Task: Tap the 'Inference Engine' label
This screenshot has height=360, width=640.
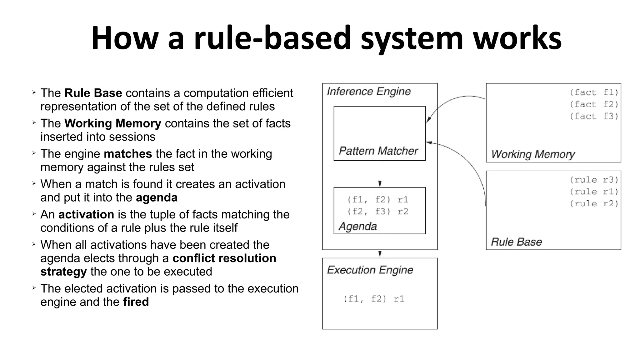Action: (x=368, y=92)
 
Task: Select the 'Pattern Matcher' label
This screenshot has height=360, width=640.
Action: (x=378, y=151)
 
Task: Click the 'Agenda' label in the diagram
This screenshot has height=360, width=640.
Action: (x=357, y=226)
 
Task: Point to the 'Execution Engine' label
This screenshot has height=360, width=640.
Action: (x=370, y=270)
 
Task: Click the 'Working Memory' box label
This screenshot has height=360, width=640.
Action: (x=533, y=154)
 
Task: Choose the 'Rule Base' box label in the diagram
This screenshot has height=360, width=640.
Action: (x=516, y=242)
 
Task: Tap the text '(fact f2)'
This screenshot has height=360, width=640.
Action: (x=594, y=104)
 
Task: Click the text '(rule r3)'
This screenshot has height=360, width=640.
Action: (x=594, y=180)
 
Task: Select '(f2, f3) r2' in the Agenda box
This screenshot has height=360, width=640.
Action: (x=378, y=212)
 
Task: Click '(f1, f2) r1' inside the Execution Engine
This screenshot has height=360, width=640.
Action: (x=374, y=299)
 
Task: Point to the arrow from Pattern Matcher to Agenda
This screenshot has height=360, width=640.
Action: (x=380, y=174)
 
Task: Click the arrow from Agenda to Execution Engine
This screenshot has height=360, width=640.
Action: (x=380, y=246)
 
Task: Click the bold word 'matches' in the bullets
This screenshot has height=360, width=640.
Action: (x=128, y=154)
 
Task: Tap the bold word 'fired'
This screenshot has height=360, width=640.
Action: (x=136, y=302)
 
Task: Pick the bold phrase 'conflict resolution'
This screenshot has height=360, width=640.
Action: (x=224, y=258)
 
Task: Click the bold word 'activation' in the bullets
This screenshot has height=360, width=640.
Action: (x=86, y=214)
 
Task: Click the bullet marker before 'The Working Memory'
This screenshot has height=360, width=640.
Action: (x=34, y=123)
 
